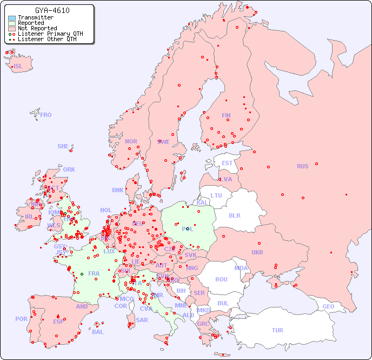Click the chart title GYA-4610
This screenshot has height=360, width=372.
(52, 10)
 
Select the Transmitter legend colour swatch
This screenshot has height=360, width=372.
(12, 18)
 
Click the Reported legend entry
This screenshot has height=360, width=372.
(31, 23)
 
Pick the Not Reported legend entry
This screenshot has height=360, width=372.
(37, 29)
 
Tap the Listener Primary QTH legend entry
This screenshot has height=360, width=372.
(50, 34)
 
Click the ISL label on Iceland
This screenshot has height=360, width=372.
(18, 67)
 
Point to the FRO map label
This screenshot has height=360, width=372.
(46, 115)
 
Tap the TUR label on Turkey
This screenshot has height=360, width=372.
(277, 330)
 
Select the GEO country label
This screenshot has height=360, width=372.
(328, 306)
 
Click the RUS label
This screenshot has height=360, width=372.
(302, 166)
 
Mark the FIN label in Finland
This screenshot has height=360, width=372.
(226, 115)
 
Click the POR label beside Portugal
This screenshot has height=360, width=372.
(21, 319)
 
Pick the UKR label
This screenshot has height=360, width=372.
(257, 252)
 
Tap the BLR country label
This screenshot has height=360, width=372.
(234, 215)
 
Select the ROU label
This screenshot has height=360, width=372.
(221, 279)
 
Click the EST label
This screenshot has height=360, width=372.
(227, 163)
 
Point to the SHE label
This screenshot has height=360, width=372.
(63, 146)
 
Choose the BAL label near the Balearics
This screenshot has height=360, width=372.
(98, 332)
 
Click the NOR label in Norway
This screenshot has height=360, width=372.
(131, 141)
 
